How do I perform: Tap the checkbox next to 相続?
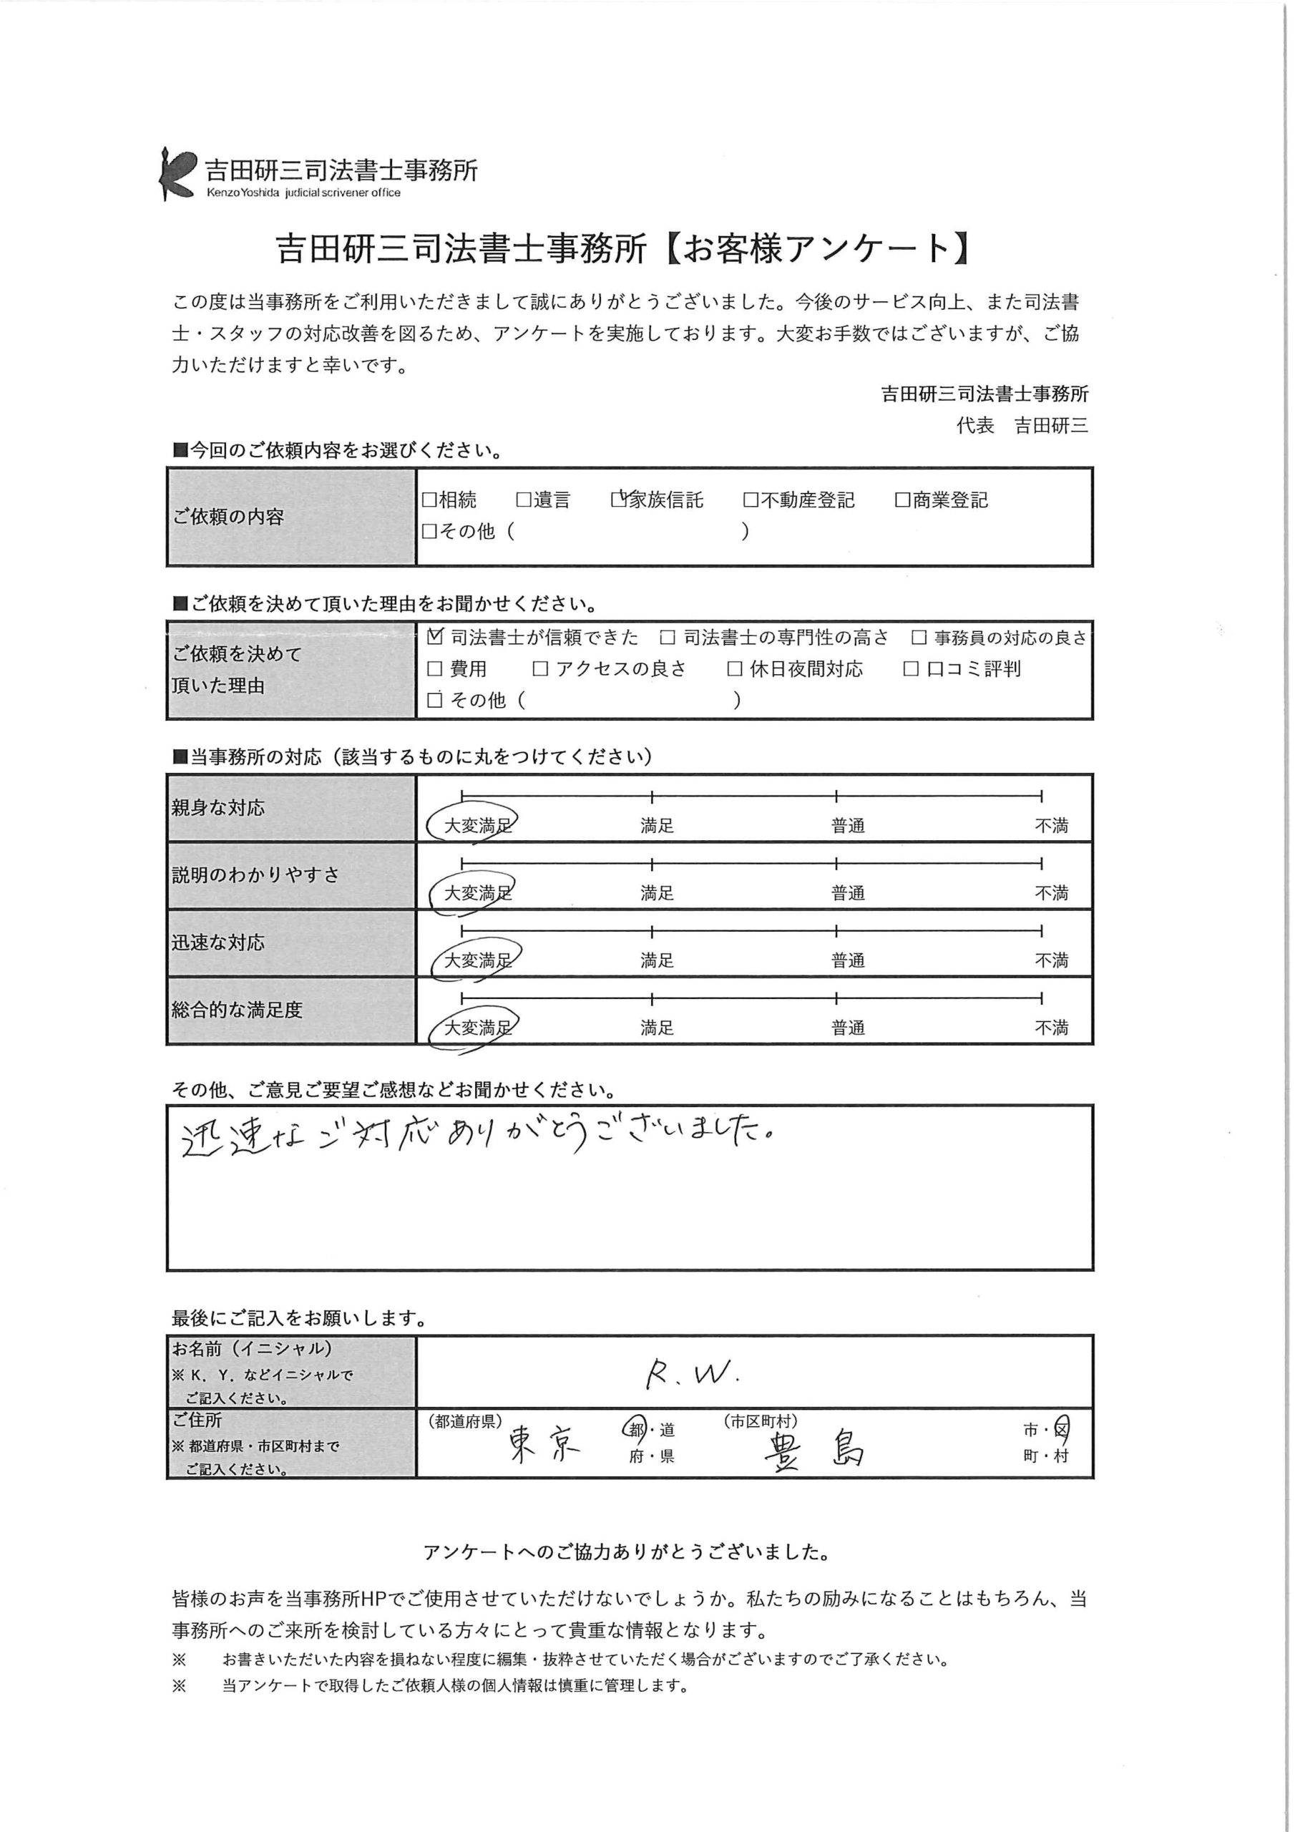429,500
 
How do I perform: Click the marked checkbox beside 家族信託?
618,500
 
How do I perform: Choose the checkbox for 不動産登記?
750,500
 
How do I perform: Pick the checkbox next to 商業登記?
901,500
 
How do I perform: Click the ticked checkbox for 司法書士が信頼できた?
435,637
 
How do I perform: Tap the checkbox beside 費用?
435,668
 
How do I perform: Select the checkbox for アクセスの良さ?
540,668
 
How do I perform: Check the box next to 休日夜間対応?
735,668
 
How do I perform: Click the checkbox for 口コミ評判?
910,668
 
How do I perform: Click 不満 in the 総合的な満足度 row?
1050,1028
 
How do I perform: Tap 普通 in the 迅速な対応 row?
847,960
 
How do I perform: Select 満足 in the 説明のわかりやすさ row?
657,893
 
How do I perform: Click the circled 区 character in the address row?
1060,1431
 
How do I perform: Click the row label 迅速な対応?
218,942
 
